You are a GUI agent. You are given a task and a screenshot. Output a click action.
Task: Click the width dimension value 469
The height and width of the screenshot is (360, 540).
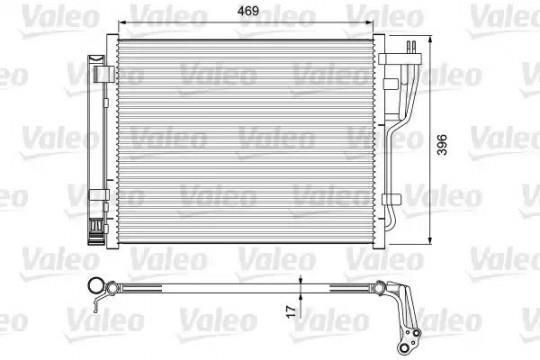point(248,11)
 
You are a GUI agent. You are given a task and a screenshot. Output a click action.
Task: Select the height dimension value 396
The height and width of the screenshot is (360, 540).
point(442,145)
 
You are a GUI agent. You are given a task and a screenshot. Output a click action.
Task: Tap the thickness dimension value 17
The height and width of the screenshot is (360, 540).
point(291,311)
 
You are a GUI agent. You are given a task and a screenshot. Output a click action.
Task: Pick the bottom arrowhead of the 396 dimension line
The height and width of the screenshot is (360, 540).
point(430,240)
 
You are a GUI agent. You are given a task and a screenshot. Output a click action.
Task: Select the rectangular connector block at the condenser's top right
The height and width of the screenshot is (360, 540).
point(399,59)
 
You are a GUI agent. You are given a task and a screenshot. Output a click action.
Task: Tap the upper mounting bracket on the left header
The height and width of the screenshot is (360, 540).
point(104,74)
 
